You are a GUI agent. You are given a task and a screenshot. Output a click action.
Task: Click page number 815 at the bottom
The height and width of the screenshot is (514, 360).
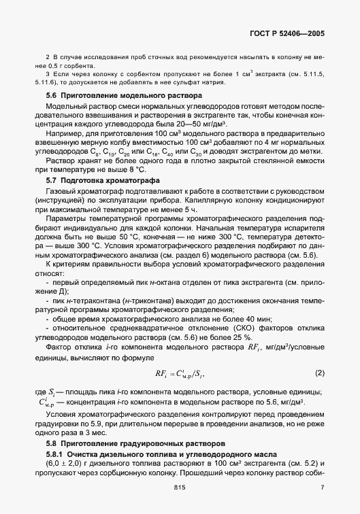(179, 487)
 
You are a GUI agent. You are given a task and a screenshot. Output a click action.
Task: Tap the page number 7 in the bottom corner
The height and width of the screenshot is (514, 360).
(322, 487)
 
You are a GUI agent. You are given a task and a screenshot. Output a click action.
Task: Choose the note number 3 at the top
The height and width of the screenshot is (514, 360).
(47, 72)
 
